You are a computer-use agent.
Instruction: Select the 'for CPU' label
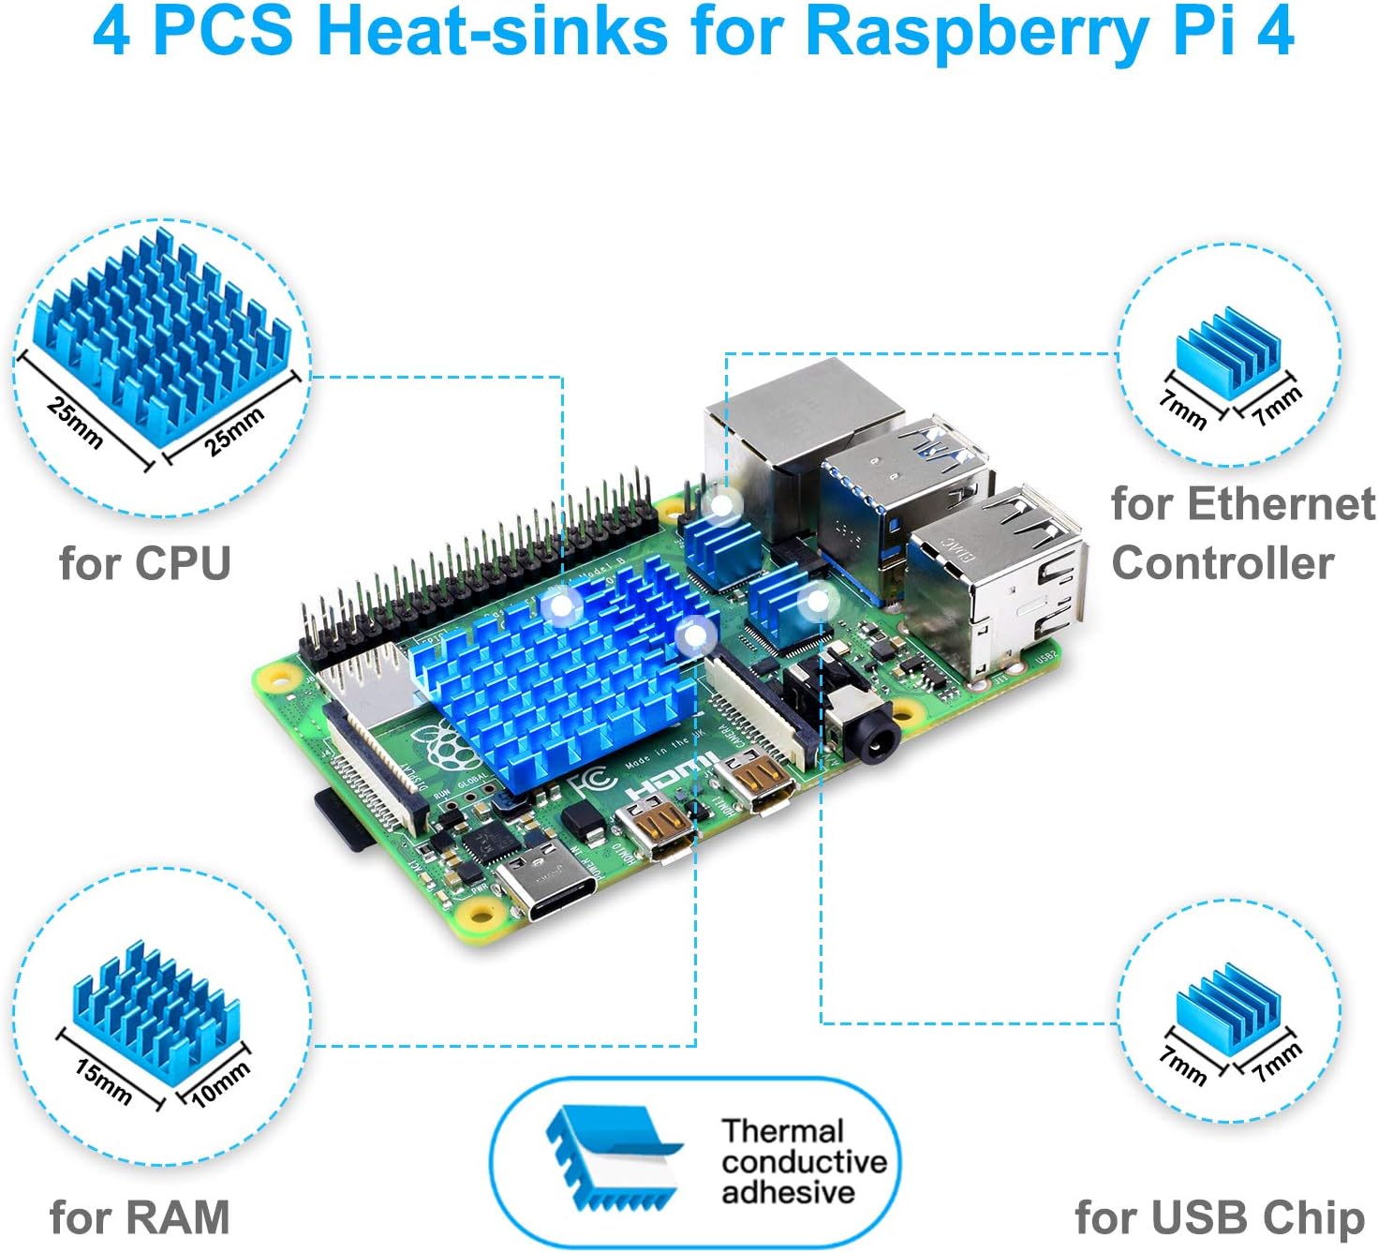144,563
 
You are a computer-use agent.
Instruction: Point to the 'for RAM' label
140,1216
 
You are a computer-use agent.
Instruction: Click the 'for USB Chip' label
1220,1216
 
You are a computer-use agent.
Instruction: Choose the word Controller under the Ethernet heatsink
1222,563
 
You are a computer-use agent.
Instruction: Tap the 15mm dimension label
103,1081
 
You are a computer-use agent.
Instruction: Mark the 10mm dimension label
221,1083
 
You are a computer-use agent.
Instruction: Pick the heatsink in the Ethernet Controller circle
1227,351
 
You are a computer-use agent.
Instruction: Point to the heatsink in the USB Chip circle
1227,1007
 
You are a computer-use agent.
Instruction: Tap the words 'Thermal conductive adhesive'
803,1161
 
